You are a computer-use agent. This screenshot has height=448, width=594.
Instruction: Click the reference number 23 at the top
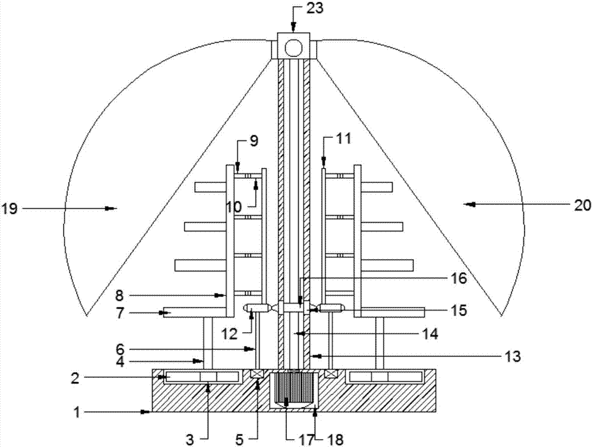(x=314, y=8)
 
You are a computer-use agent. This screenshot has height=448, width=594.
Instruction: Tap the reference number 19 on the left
(x=10, y=208)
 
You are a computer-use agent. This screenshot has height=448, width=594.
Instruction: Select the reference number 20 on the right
(x=583, y=205)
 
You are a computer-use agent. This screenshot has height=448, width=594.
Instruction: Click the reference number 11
(x=343, y=138)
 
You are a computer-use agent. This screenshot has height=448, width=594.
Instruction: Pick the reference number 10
(x=234, y=207)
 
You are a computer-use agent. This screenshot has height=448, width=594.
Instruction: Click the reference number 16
(x=459, y=279)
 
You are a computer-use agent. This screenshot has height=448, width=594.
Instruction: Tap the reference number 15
(x=459, y=310)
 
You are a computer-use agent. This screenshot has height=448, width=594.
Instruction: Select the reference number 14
(x=430, y=334)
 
